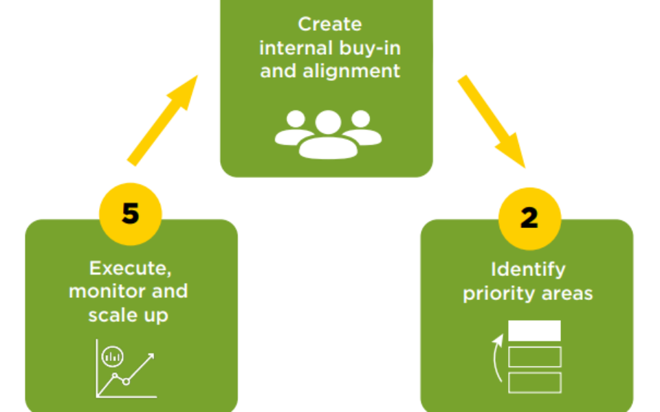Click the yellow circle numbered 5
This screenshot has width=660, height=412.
[x=131, y=214]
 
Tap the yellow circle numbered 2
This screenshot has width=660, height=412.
[x=529, y=218]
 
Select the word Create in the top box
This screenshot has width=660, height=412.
[x=329, y=24]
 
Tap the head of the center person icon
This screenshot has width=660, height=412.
[x=328, y=122]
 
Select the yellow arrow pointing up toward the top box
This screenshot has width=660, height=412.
[x=162, y=121]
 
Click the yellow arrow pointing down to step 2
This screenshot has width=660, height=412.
[x=492, y=121]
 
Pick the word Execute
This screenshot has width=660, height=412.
[x=128, y=268]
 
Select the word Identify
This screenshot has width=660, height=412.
[x=528, y=269]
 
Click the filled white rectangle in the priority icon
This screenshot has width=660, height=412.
[x=534, y=331]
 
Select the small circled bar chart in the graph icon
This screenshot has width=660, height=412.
[x=112, y=356]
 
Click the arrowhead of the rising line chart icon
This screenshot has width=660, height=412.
[x=152, y=356]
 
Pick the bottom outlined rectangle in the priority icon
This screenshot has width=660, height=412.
[x=534, y=382]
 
